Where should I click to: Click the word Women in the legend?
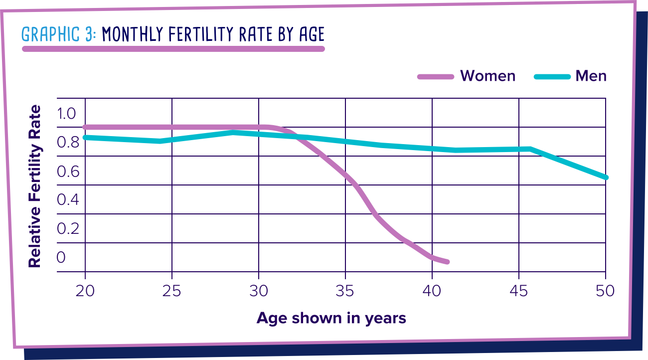487,76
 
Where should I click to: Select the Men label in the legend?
591,76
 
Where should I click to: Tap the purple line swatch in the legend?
435,76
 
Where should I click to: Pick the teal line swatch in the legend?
552,76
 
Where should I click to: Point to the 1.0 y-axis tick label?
66,114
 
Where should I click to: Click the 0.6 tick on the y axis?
66,172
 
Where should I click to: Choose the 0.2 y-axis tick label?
66,228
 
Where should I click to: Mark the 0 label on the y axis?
61,257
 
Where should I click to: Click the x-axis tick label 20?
85,290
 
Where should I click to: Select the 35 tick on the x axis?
345,290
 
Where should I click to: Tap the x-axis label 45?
519,290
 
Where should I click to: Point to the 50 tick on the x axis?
605,290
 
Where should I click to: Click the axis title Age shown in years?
331,318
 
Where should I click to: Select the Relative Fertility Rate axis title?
34,186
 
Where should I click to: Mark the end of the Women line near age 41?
447,262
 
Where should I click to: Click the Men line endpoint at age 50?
605,178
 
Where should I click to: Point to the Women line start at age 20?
85,127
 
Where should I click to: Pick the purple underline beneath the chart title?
173,49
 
